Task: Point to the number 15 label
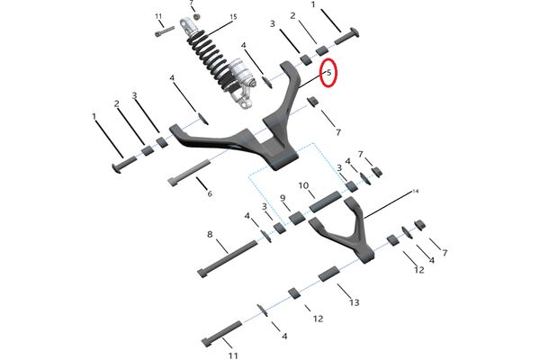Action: click(233, 17)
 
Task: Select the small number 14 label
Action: click(416, 192)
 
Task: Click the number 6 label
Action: click(210, 193)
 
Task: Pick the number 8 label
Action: click(210, 234)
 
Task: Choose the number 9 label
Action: click(283, 198)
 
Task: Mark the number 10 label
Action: click(305, 186)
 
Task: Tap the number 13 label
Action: click(354, 301)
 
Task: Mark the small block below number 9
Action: click(295, 218)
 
